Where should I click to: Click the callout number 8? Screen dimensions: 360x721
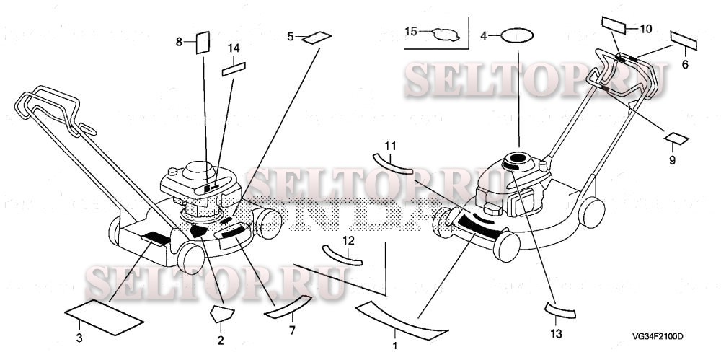180,43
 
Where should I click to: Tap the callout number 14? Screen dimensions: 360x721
234,48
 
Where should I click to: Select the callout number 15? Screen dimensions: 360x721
410,32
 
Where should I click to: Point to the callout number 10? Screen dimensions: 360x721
645,29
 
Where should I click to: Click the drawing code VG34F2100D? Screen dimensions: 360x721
658,337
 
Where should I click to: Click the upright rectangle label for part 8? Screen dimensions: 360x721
201,43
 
